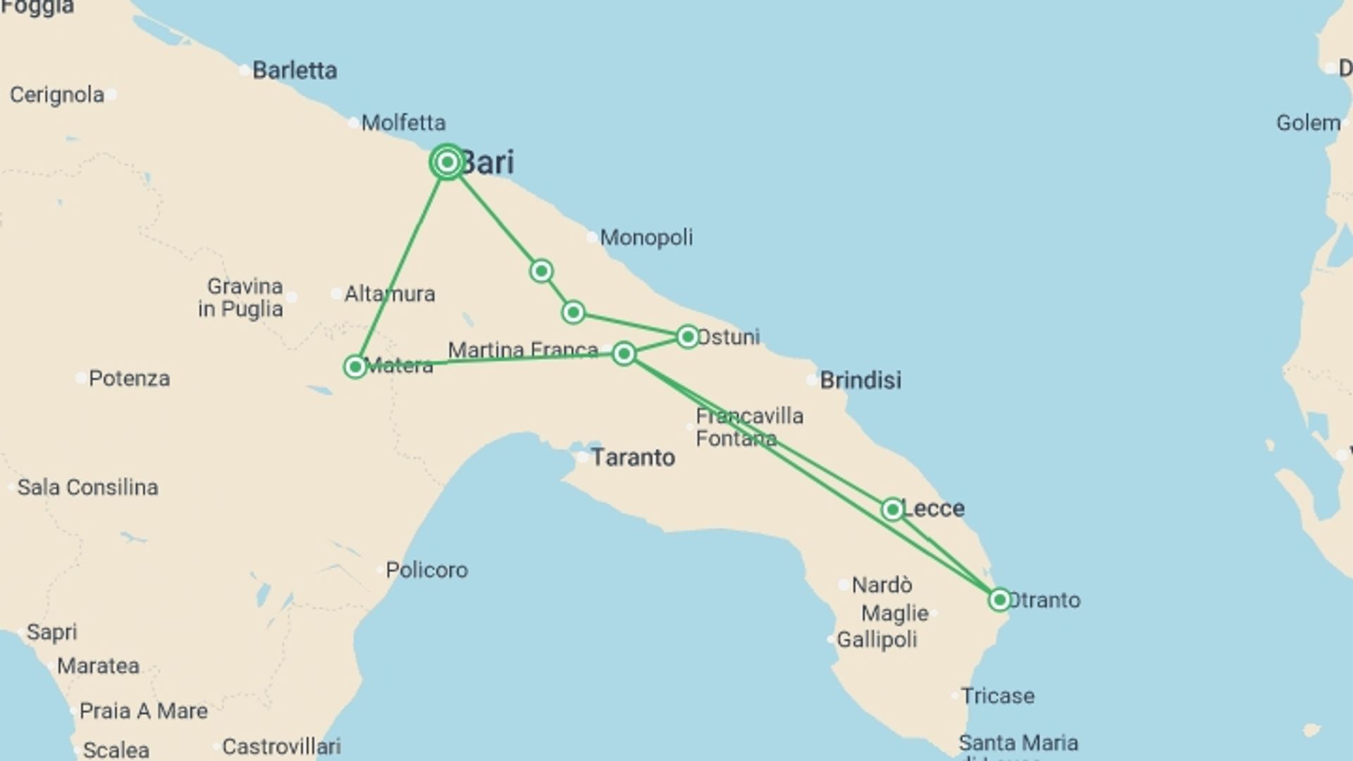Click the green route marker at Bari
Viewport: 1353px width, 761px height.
[x=447, y=163]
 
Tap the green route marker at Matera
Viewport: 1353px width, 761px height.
[x=355, y=366]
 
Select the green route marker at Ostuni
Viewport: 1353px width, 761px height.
[x=687, y=337]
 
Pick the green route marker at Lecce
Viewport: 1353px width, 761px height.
[x=892, y=509]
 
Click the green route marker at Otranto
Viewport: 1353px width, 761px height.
[x=999, y=600]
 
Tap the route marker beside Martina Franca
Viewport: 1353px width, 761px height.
[x=624, y=353]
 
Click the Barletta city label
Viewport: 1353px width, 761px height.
[x=295, y=70]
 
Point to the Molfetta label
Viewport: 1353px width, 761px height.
[x=403, y=123]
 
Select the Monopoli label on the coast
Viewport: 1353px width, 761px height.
[x=646, y=237]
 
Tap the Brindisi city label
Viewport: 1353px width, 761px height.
[x=860, y=380]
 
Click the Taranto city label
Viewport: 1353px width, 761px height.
[x=633, y=458]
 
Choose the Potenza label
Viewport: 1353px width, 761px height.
[x=129, y=379]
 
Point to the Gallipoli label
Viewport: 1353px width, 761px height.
[x=877, y=640]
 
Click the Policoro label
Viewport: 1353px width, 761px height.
[x=426, y=570]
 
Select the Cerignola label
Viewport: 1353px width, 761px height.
[x=57, y=95]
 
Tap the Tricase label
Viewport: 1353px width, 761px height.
[x=998, y=696]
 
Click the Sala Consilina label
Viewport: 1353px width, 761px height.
[x=87, y=488]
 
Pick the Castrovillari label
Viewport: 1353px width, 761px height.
[x=281, y=746]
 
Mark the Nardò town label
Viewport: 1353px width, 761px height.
[x=882, y=586]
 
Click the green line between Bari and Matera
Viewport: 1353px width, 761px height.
[x=402, y=264]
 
